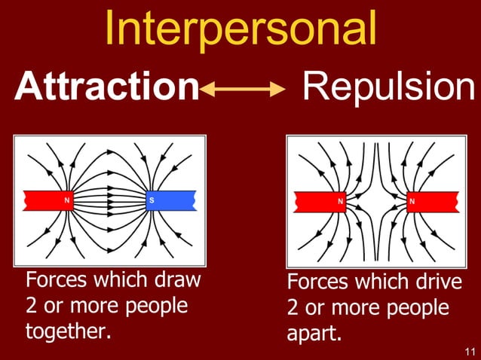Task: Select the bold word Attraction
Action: click(106, 88)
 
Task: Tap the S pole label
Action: click(152, 200)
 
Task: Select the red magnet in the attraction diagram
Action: click(48, 200)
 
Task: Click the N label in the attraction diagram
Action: click(68, 200)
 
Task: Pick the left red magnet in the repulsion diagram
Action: click(320, 201)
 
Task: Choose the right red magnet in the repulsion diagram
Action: click(432, 201)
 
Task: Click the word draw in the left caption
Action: click(177, 281)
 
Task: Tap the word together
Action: click(68, 331)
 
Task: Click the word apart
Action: click(312, 334)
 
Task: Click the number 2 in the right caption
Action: click(293, 309)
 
